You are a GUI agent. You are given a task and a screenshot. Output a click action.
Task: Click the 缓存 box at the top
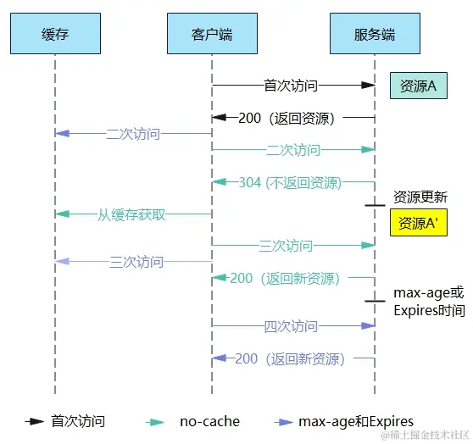54,35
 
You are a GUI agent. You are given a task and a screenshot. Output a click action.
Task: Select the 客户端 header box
212,35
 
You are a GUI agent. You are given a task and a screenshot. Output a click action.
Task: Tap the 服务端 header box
375,35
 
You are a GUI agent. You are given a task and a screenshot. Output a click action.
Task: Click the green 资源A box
418,86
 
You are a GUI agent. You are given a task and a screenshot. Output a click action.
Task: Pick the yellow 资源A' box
418,224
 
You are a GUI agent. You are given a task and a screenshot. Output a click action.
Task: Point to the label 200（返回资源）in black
287,118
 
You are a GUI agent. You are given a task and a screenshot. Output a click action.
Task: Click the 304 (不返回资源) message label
290,182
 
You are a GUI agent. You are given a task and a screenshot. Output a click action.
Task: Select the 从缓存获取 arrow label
131,214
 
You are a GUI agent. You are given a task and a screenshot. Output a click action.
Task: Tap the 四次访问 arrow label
291,326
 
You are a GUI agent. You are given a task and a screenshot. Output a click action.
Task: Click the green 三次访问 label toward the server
286,246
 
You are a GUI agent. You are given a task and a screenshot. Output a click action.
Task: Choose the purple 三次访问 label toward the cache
136,262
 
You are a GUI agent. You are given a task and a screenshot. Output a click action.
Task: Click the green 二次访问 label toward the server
292,150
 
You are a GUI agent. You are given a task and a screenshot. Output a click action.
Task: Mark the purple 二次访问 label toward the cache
133,134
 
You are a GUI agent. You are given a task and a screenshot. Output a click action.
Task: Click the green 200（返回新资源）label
285,278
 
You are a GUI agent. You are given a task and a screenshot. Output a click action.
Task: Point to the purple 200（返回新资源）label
290,358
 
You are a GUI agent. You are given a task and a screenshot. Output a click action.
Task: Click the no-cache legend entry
209,421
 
